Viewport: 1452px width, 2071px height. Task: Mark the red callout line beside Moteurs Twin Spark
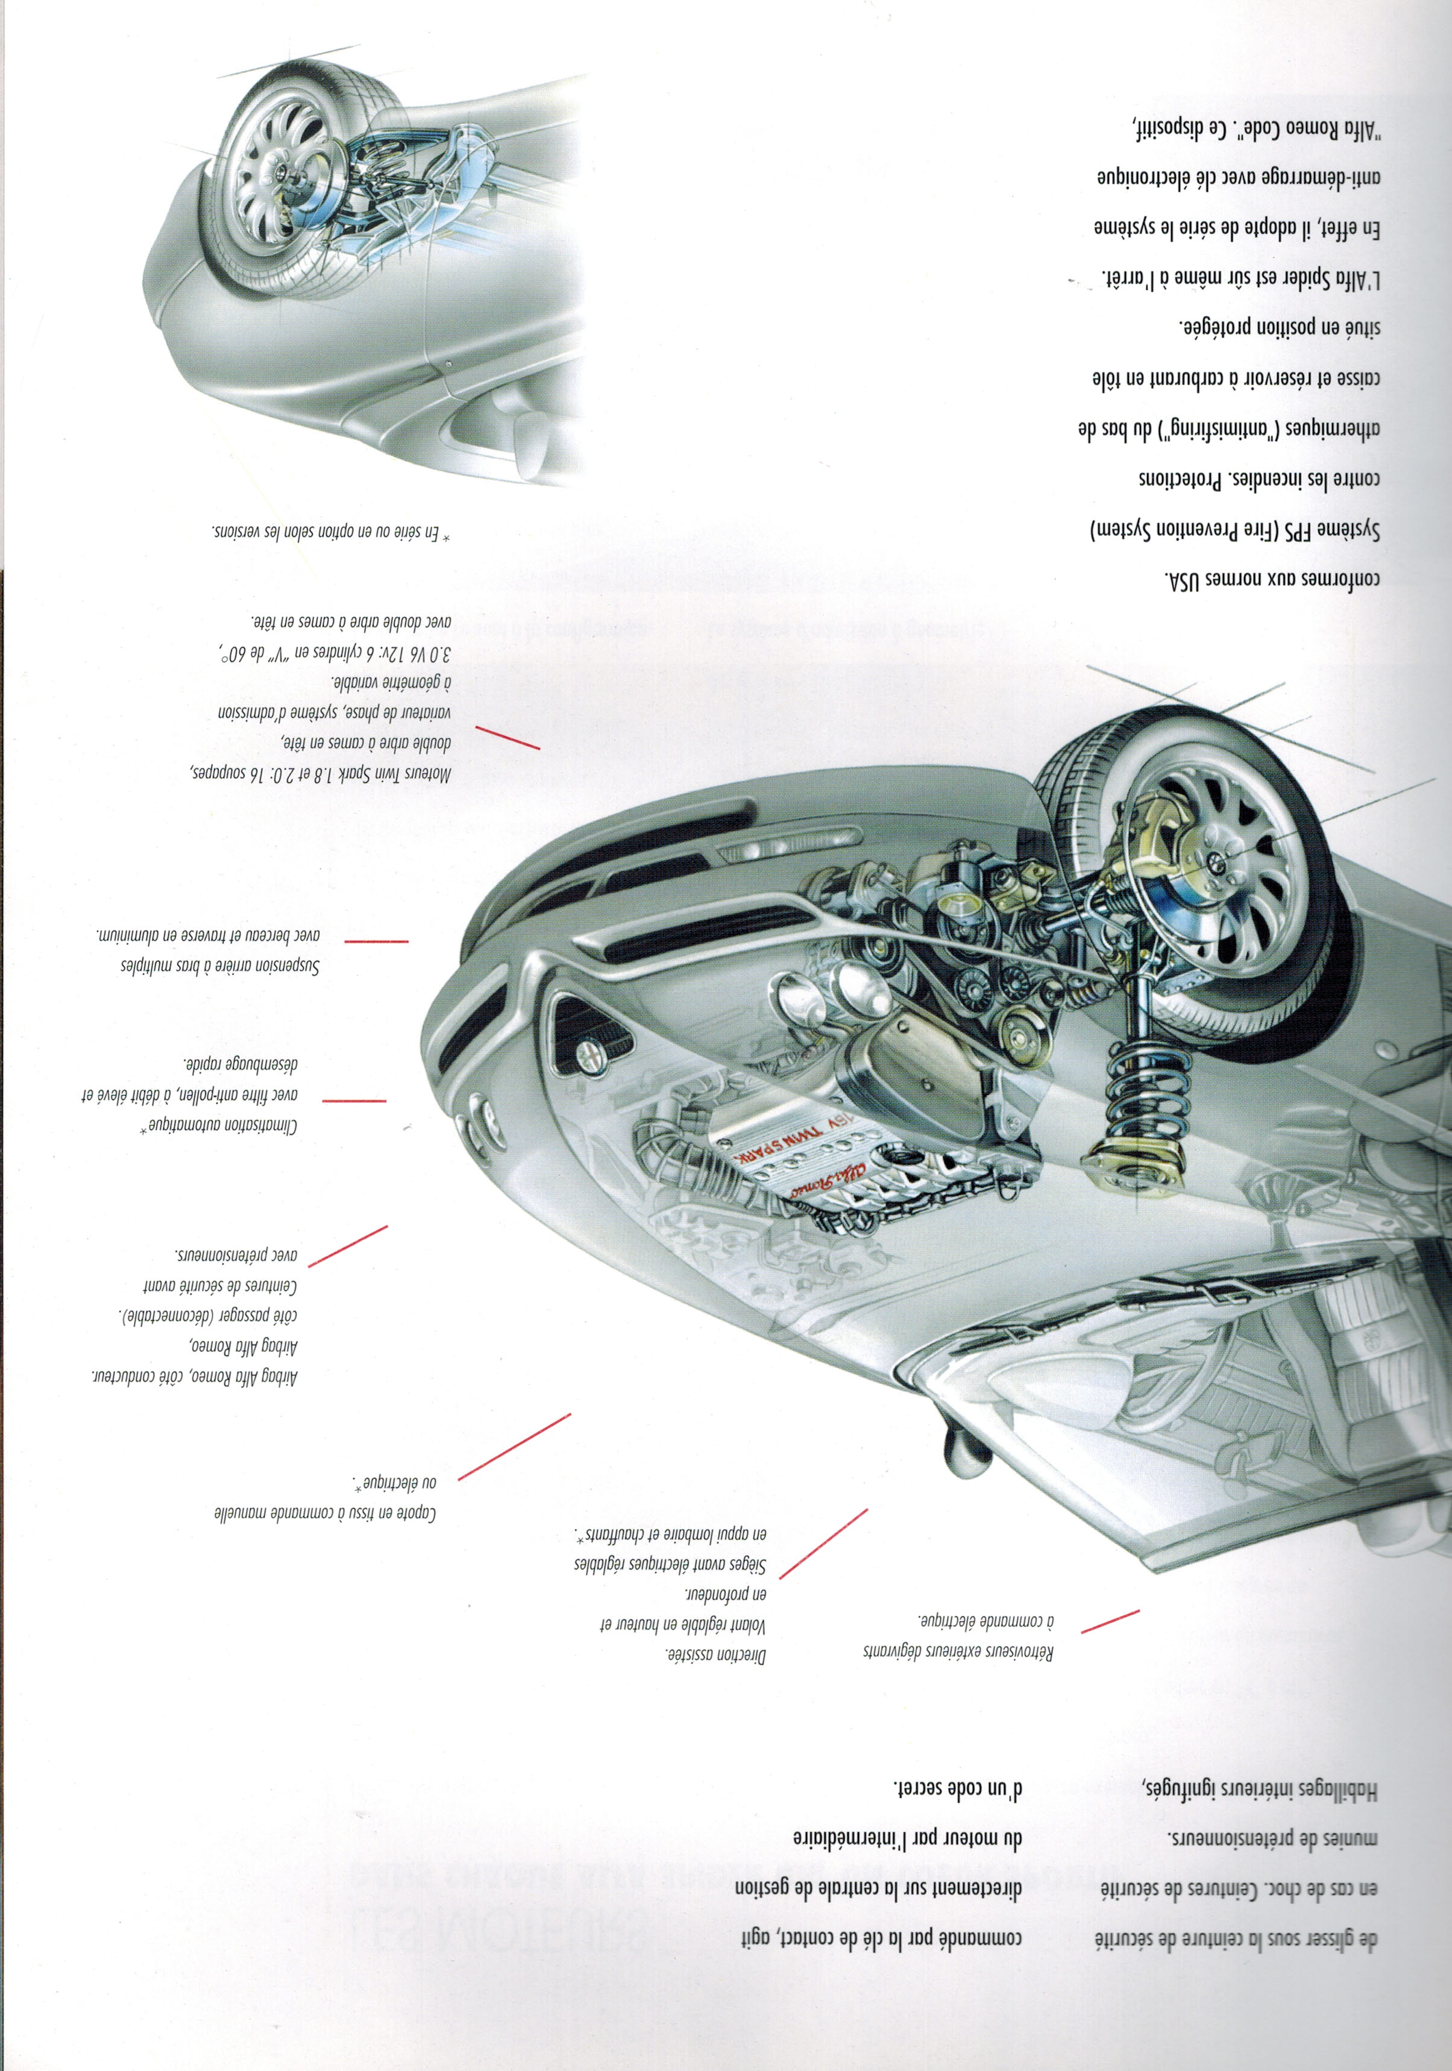508,738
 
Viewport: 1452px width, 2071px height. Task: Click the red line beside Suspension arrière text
376,941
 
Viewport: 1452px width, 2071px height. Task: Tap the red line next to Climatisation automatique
354,1101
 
